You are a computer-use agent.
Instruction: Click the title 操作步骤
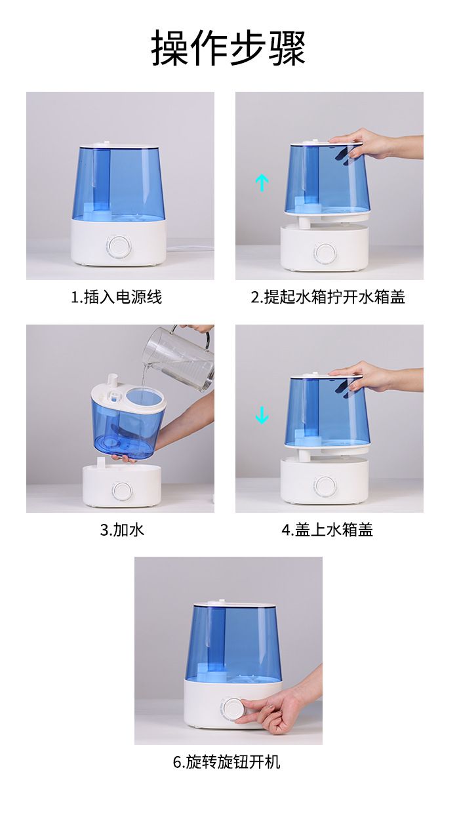(228, 48)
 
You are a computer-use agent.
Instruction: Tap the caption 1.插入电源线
(116, 297)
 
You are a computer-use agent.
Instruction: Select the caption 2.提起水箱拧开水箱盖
(328, 297)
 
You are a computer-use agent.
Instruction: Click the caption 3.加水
(122, 530)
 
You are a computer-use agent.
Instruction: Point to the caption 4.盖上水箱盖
(327, 530)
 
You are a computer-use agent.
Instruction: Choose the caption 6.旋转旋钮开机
(227, 762)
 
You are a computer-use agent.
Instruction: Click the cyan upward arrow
(262, 182)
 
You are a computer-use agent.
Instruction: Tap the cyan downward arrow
(262, 416)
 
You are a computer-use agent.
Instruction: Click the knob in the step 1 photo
(119, 246)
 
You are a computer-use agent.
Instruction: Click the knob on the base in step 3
(123, 491)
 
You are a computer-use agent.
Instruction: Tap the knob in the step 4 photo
(325, 486)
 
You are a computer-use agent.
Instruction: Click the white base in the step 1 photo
(119, 243)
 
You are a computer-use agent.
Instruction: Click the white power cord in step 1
(190, 248)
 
